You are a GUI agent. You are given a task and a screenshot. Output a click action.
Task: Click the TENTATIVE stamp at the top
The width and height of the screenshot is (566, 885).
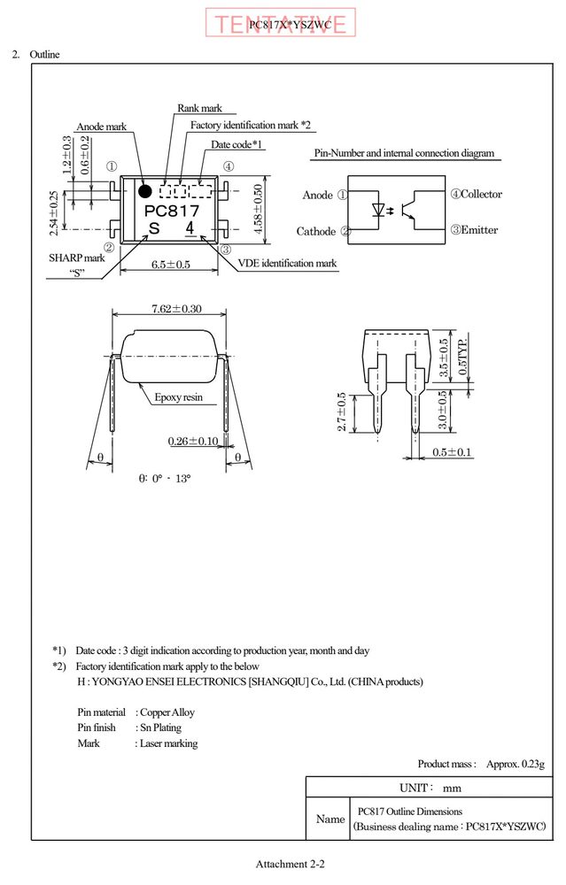coord(280,23)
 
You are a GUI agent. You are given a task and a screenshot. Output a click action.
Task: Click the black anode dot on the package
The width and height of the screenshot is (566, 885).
coord(145,191)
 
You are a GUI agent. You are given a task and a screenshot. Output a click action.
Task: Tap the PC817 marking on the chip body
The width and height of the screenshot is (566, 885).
coord(172,211)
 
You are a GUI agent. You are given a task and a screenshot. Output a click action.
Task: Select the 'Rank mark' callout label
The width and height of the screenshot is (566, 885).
coord(199,108)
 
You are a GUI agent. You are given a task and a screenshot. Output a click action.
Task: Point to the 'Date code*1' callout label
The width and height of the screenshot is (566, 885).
coord(236,144)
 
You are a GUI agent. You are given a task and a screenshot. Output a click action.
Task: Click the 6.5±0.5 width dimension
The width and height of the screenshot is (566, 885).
coord(171,264)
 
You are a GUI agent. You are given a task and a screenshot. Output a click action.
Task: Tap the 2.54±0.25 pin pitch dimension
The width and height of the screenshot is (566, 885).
coord(54,213)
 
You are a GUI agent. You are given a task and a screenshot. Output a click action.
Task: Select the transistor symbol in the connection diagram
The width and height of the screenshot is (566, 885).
coord(409,210)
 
